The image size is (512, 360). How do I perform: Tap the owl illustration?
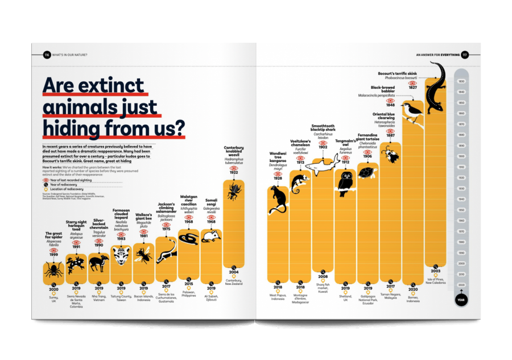pos(345,182)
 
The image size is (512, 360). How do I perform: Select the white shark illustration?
pos(323,166)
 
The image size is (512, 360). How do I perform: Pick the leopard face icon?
pos(121,257)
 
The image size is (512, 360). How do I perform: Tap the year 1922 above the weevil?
pos(234,173)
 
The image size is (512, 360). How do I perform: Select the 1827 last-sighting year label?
pos(412,87)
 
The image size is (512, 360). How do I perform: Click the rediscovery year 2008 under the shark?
pos(323,276)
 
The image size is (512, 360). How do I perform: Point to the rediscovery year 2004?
pos(234,272)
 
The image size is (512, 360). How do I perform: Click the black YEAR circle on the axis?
pos(461,299)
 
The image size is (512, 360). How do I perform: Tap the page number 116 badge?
pos(47,55)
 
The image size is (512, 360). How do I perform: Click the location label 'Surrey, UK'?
pos(54,297)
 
